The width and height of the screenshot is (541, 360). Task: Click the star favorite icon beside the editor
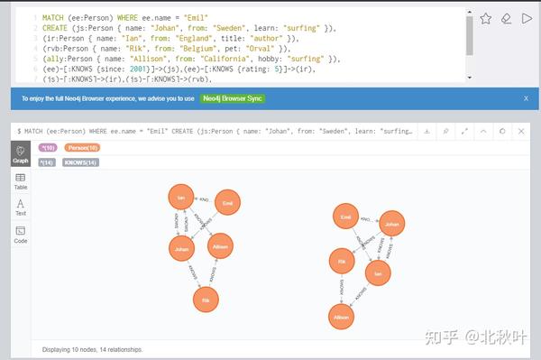(x=486, y=18)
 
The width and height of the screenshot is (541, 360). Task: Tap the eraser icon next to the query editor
(x=507, y=18)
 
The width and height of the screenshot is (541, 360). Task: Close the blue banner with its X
(x=526, y=97)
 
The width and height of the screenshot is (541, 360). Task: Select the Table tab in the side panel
(x=20, y=181)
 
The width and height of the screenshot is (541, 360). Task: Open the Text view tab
(x=20, y=208)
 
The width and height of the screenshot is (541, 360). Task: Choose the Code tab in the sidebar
(x=20, y=235)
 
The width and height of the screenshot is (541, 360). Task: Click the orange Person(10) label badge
(x=83, y=147)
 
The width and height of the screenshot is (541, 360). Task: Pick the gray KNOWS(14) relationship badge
(x=81, y=162)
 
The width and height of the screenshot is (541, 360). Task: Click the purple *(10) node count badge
(x=48, y=147)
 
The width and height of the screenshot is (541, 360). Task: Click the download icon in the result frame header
(x=426, y=131)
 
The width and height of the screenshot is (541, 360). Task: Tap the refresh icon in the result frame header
(x=502, y=131)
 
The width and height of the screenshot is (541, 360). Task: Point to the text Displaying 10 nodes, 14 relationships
(x=93, y=349)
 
